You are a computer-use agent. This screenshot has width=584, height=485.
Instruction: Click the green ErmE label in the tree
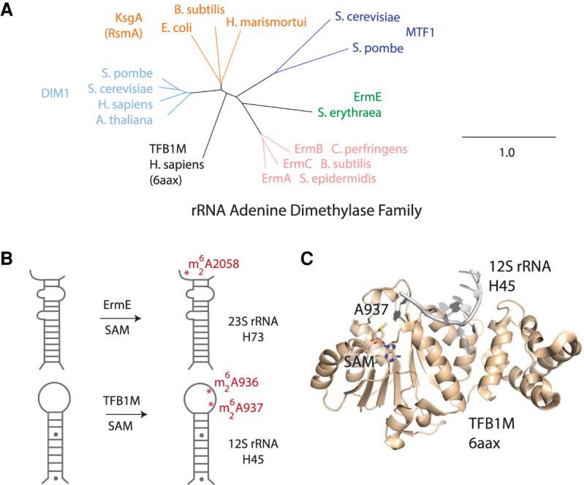pos(368,97)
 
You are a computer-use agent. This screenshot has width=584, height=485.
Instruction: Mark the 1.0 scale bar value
pos(507,154)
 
